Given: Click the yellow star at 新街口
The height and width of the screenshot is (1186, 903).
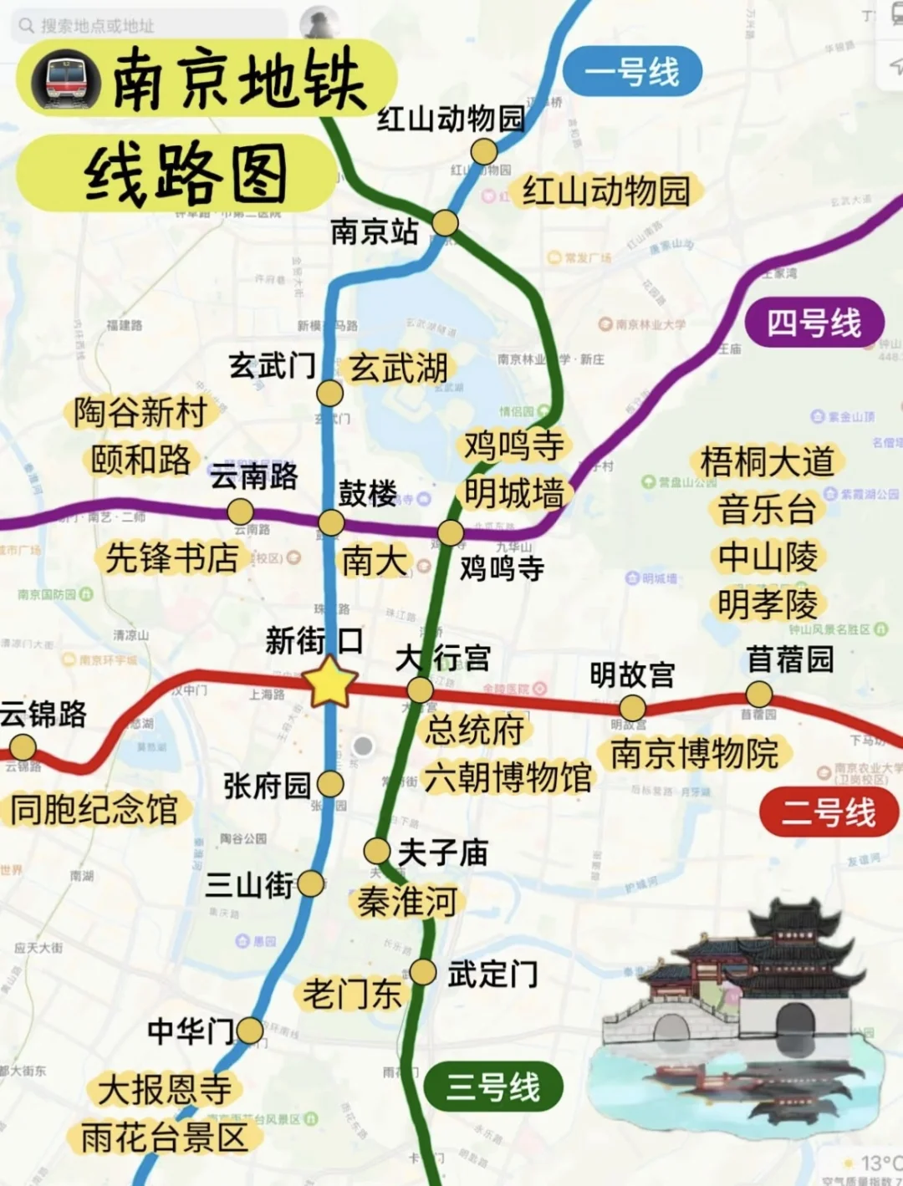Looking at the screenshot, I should tap(331, 682).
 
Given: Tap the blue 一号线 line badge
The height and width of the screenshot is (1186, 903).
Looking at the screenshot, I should tap(631, 72).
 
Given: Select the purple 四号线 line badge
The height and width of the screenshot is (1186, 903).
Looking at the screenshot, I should tap(814, 323).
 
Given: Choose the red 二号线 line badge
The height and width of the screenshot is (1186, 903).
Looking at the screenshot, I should tap(828, 812).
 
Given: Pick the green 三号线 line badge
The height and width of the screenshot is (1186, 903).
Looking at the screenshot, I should tap(492, 1087).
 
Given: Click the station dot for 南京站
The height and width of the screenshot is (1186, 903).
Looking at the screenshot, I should tap(445, 223).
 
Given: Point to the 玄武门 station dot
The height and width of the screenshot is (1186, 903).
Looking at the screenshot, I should tap(329, 393).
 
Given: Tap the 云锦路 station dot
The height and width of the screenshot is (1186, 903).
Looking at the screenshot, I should tap(23, 746).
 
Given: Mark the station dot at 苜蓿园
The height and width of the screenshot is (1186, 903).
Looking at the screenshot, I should tap(758, 694).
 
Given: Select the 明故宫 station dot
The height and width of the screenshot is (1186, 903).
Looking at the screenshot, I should tap(632, 708).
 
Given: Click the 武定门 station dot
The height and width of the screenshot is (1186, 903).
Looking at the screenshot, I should tap(423, 972).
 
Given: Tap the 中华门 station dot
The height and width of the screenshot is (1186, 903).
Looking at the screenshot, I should tap(249, 1031).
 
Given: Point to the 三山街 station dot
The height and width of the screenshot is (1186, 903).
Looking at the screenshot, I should tap(310, 883).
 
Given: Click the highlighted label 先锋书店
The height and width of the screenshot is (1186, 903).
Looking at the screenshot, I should tap(171, 557).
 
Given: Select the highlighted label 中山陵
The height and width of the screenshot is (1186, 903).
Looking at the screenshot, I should tap(768, 556).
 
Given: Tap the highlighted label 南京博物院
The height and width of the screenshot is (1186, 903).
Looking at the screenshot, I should tap(694, 753).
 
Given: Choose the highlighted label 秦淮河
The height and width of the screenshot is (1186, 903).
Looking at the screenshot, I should tap(407, 902).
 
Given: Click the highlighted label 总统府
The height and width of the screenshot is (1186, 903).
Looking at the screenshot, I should tap(474, 730).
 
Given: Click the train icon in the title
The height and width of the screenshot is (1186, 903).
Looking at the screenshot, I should tap(66, 80).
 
